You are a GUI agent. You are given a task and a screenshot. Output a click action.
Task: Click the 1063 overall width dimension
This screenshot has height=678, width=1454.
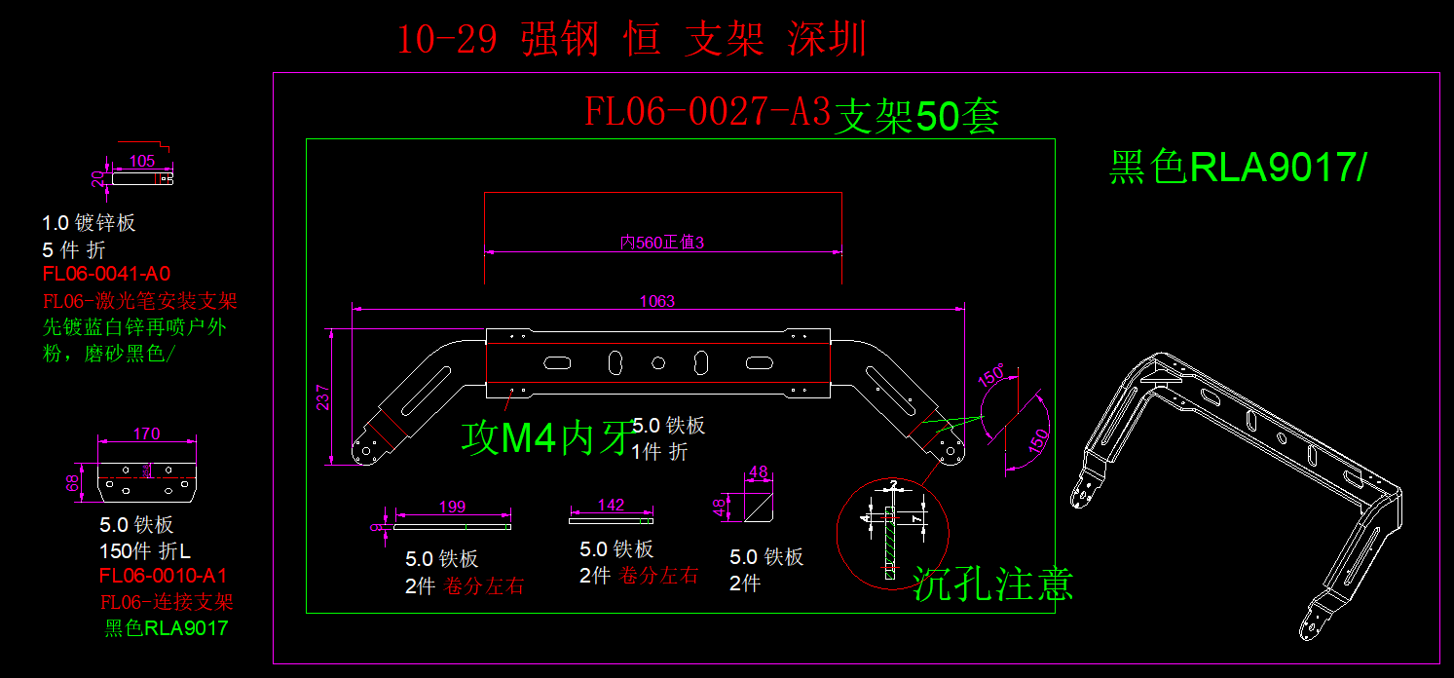coord(656,302)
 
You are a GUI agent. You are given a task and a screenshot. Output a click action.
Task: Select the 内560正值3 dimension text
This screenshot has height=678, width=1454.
coord(662,243)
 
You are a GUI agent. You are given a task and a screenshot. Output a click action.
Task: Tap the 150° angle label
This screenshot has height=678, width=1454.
coord(991,375)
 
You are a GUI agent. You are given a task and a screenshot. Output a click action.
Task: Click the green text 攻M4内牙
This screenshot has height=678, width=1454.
coord(545,439)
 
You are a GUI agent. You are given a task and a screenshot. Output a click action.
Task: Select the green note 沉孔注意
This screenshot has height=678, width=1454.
coord(993,584)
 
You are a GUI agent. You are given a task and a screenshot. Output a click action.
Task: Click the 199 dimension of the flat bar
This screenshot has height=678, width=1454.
coord(452,507)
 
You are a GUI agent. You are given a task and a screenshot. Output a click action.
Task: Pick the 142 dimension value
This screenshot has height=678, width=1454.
coord(611,505)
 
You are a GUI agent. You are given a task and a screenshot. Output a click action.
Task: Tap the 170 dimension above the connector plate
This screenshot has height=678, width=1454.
coord(146,433)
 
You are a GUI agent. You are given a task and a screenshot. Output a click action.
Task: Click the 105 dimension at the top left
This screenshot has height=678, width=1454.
coord(142,162)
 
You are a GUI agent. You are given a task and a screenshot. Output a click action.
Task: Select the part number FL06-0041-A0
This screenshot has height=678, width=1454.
coord(106,274)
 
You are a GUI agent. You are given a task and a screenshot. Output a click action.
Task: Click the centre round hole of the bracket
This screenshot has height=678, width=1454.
coord(658,363)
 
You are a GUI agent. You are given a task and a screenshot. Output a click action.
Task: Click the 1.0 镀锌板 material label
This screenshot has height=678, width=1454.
coord(89,223)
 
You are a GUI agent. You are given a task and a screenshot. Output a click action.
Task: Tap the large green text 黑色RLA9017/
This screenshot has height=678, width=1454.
coord(1238,169)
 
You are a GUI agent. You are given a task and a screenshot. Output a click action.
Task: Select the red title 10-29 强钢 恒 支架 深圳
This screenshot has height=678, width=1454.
coord(631,40)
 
